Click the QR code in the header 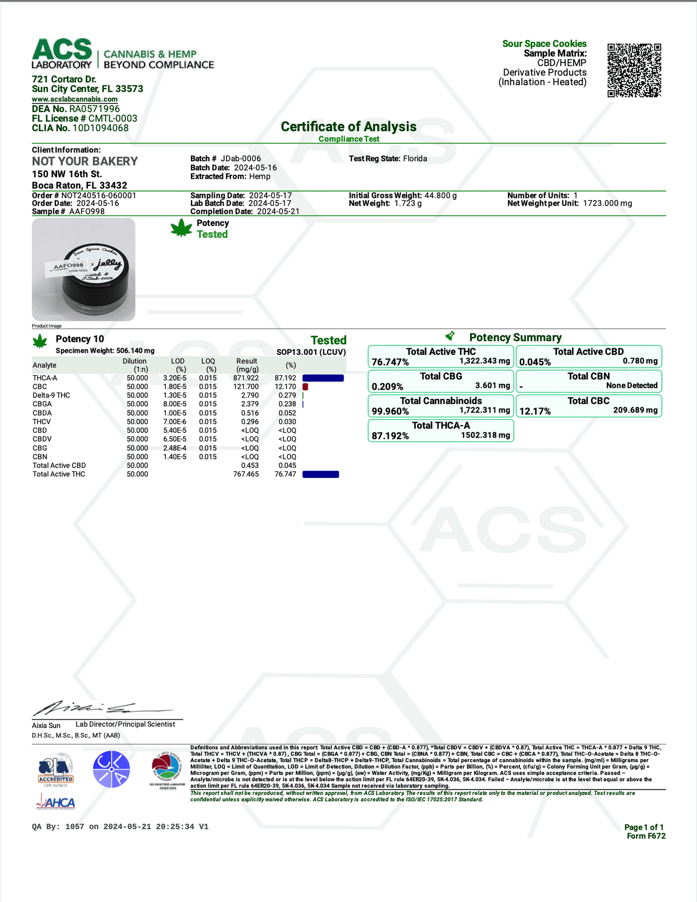(634, 70)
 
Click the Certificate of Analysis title (348, 127)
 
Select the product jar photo (84, 269)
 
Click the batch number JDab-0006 (241, 159)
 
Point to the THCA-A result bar (323, 378)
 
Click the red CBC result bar (305, 387)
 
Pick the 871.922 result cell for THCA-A (246, 378)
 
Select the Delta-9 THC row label (51, 395)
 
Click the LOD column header (178, 361)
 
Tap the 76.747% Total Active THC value (390, 362)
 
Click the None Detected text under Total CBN (631, 386)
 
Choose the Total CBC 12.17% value (535, 411)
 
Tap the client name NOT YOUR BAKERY (85, 161)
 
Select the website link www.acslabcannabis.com (75, 99)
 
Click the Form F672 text (646, 836)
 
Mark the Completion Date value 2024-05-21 (278, 211)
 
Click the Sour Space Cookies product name (544, 44)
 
